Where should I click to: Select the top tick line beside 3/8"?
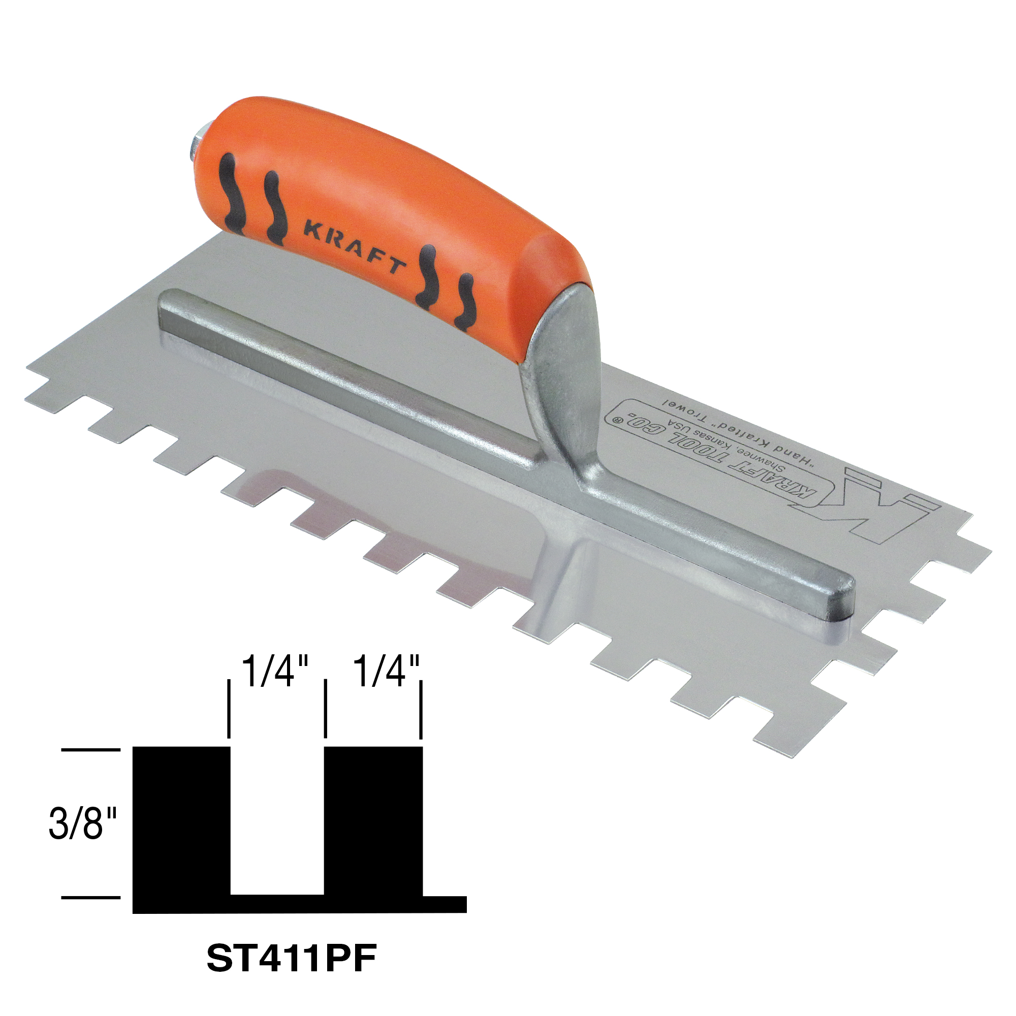click(x=90, y=749)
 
